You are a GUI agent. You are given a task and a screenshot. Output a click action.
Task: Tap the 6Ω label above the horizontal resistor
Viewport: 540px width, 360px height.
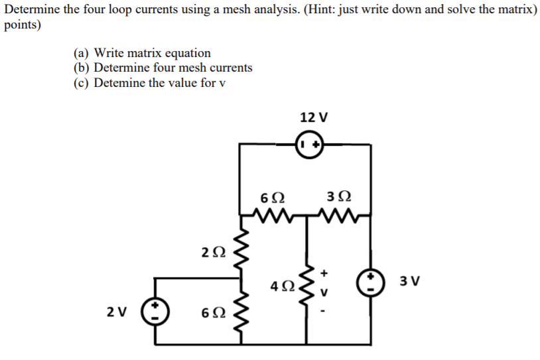point(273,196)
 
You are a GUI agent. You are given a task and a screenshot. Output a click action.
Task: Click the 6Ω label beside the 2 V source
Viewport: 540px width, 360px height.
point(212,311)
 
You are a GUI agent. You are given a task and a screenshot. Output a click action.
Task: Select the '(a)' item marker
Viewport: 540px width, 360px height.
point(82,53)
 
